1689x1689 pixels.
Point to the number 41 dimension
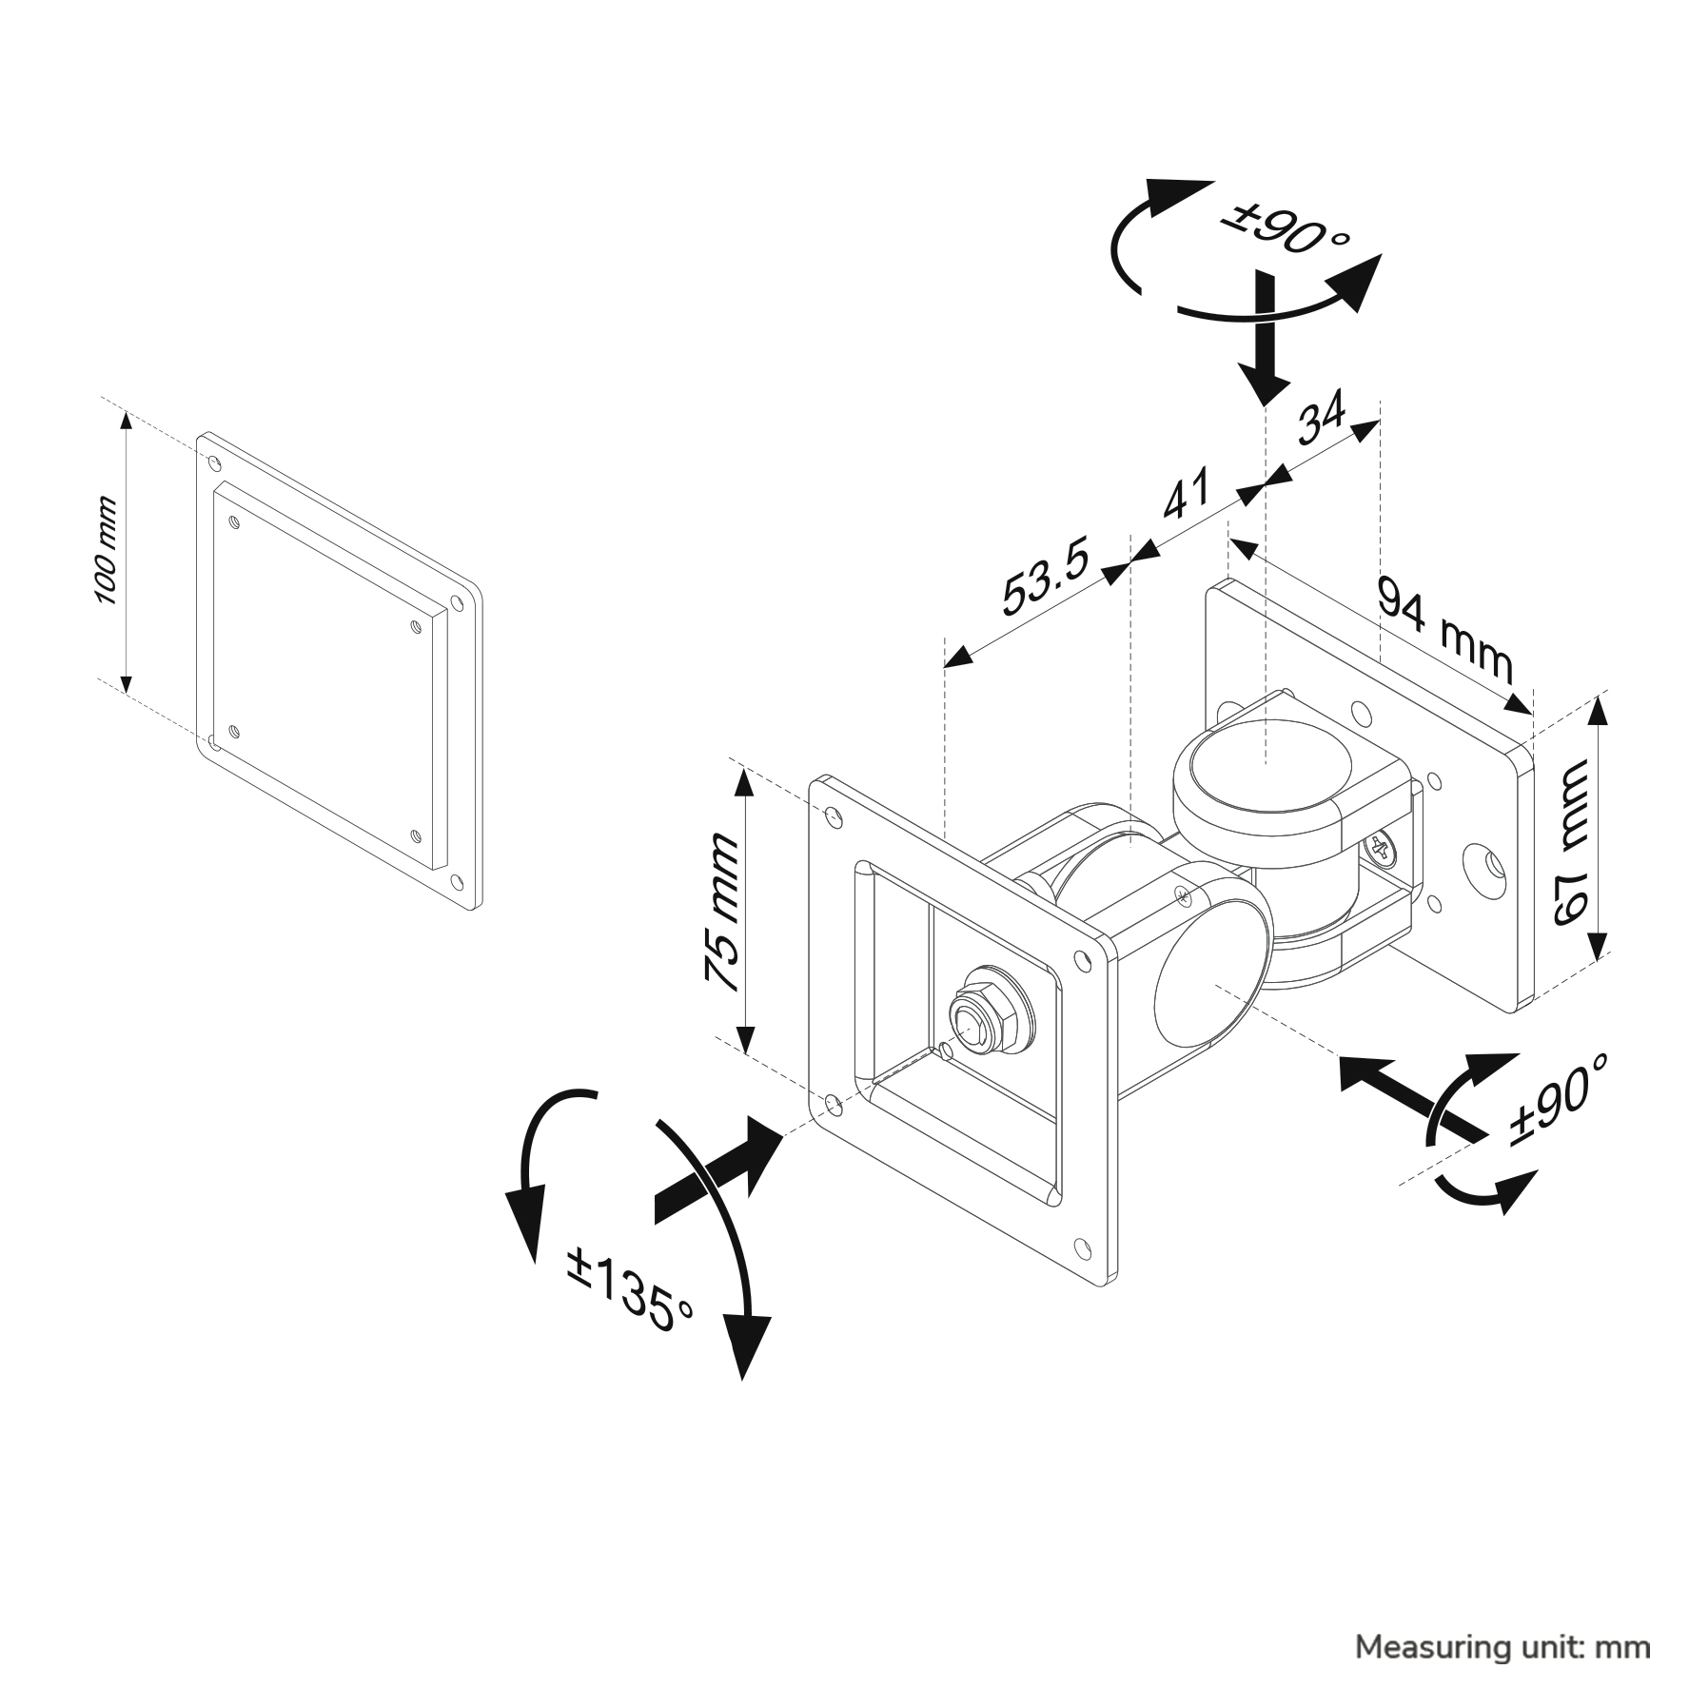(x=1187, y=494)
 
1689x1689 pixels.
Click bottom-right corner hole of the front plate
(x=1083, y=1246)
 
